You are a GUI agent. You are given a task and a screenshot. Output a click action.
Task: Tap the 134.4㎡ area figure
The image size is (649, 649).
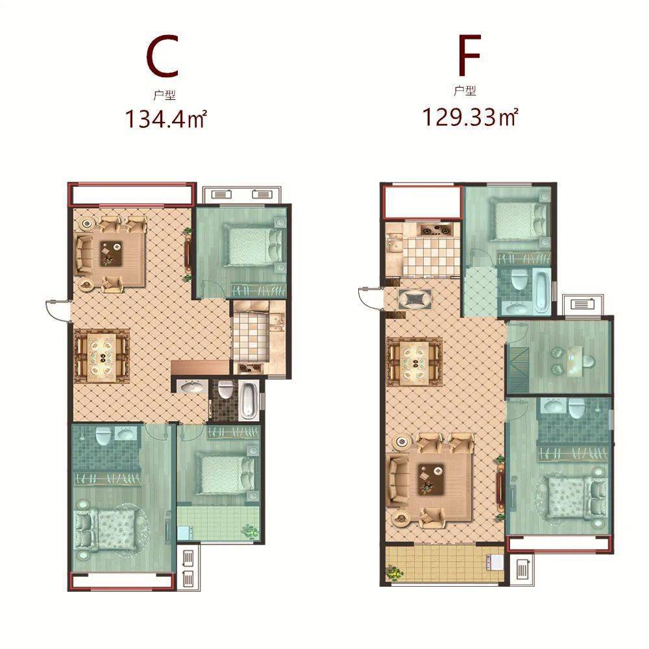click(x=165, y=118)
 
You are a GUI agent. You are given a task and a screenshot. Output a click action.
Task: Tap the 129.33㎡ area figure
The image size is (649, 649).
click(x=470, y=116)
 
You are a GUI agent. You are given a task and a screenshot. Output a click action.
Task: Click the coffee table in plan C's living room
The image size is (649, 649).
click(x=112, y=254)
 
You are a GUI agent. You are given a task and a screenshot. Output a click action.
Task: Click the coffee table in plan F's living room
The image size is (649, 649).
click(x=430, y=480)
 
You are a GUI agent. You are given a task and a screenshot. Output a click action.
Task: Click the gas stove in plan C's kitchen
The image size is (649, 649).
click(x=249, y=366)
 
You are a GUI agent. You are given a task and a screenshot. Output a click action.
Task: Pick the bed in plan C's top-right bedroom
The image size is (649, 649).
click(x=253, y=247)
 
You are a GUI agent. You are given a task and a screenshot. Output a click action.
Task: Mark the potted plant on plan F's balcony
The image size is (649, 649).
click(x=394, y=573)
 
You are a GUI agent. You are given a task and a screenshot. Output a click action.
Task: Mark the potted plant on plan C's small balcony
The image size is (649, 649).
click(x=250, y=531)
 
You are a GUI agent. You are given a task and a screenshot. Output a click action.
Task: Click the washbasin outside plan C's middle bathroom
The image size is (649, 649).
click(x=190, y=387)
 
